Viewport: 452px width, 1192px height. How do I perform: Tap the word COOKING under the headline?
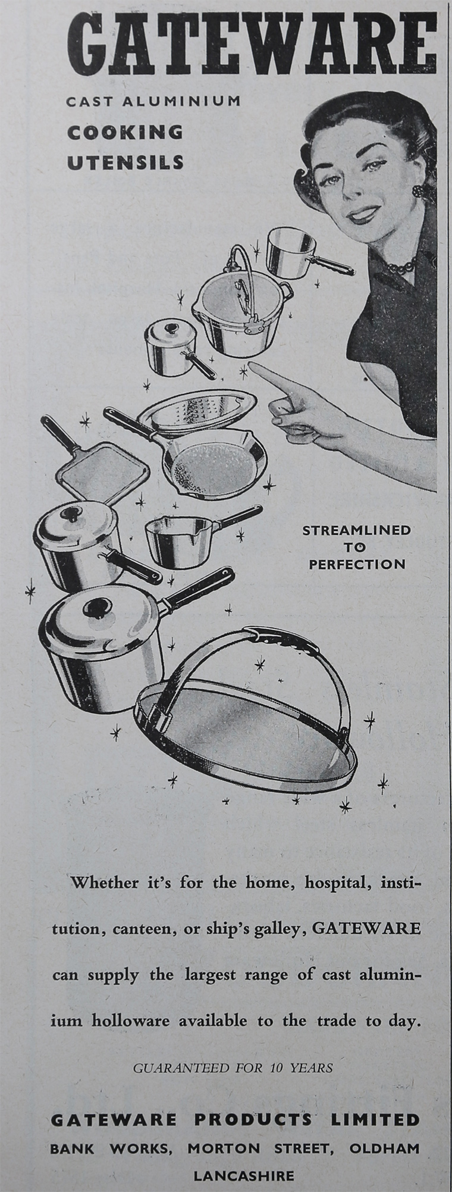125,132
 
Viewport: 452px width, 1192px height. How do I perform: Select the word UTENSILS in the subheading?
125,162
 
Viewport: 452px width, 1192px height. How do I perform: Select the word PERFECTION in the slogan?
357,564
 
